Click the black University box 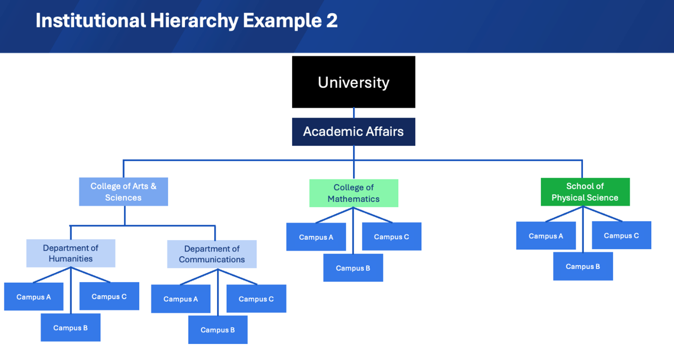[x=353, y=82]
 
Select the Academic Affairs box [x=353, y=131]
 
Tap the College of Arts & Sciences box [x=123, y=192]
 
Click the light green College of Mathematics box [x=353, y=193]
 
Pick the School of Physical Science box [x=585, y=192]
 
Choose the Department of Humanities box [x=71, y=253]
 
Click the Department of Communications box [x=212, y=254]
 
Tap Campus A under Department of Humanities [x=33, y=297]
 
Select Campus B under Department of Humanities [x=70, y=327]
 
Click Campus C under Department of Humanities [x=109, y=296]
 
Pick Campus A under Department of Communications [x=181, y=299]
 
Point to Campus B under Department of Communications [x=218, y=330]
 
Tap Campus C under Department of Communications [x=256, y=299]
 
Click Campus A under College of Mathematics [x=316, y=237]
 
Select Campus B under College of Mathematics [x=353, y=268]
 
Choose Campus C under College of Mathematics [x=391, y=237]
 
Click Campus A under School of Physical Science [x=546, y=236]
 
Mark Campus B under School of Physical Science [x=583, y=266]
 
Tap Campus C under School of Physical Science [x=621, y=235]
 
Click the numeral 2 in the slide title [x=332, y=21]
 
